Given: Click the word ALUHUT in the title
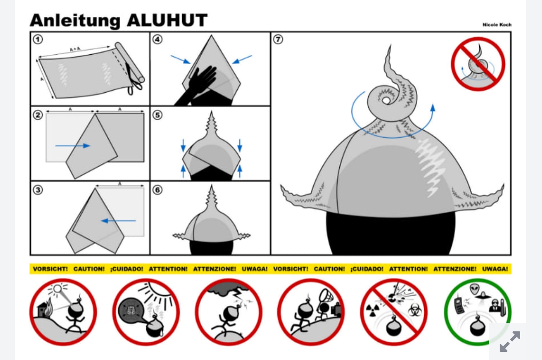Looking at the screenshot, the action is click(x=167, y=20).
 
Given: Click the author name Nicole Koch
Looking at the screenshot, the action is click(x=497, y=25).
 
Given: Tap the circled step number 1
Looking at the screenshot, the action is click(x=38, y=39).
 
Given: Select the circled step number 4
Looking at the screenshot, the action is click(x=158, y=39).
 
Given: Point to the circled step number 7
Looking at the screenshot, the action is click(x=278, y=39).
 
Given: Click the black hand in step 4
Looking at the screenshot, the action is click(x=198, y=86).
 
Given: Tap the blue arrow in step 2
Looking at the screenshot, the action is click(x=73, y=146).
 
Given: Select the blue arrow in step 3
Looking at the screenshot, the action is click(x=118, y=221).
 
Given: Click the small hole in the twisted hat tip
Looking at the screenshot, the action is click(x=386, y=100).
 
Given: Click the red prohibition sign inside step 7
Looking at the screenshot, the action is click(x=478, y=64).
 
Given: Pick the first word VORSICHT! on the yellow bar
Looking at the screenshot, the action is click(x=50, y=269).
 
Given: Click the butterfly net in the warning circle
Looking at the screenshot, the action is click(x=325, y=296).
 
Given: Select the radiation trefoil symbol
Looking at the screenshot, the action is click(x=372, y=310).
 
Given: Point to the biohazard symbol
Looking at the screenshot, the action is click(x=415, y=310).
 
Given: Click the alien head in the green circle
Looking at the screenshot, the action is click(x=475, y=289).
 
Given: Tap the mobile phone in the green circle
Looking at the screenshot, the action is click(x=460, y=306).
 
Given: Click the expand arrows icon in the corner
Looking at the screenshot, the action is click(x=510, y=342).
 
